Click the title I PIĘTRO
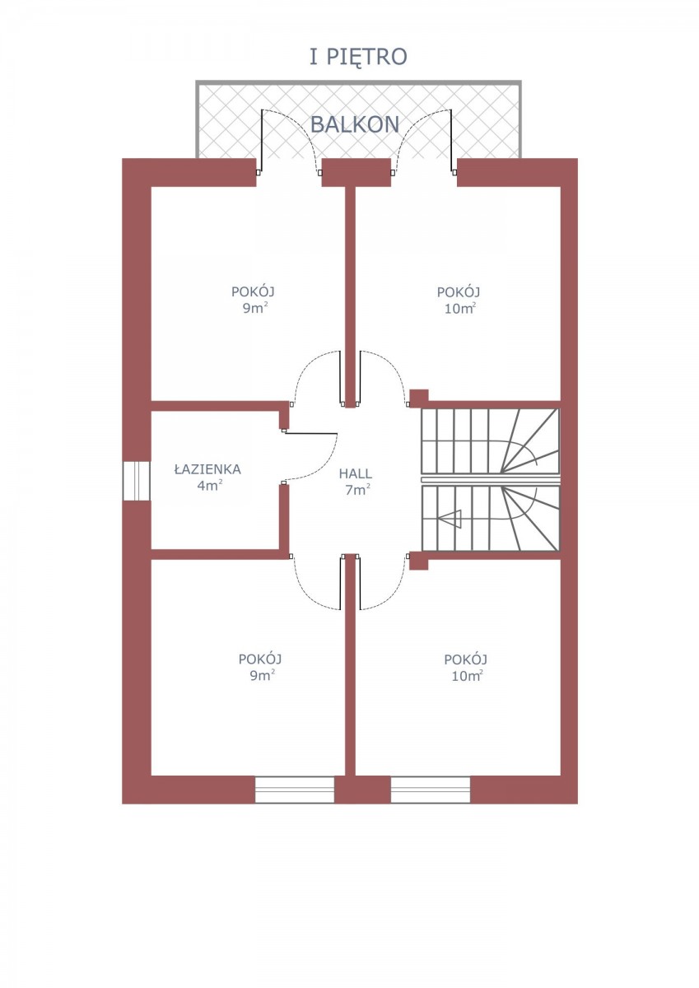coord(357,58)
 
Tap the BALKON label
coord(355,125)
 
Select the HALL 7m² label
coord(356,482)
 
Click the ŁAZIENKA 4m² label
coord(207,477)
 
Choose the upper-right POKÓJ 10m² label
coord(459,300)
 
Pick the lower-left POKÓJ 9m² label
coord(260,667)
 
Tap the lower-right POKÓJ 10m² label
coord(466,668)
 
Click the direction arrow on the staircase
coord(450,519)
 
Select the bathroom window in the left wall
coord(137,481)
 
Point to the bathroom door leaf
coord(310,433)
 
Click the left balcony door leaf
coord(262,141)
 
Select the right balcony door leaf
coord(451,141)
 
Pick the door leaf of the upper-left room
coord(341,378)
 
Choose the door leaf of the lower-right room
coord(361,583)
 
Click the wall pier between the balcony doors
coord(356,172)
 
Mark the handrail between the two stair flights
coord(491,479)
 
